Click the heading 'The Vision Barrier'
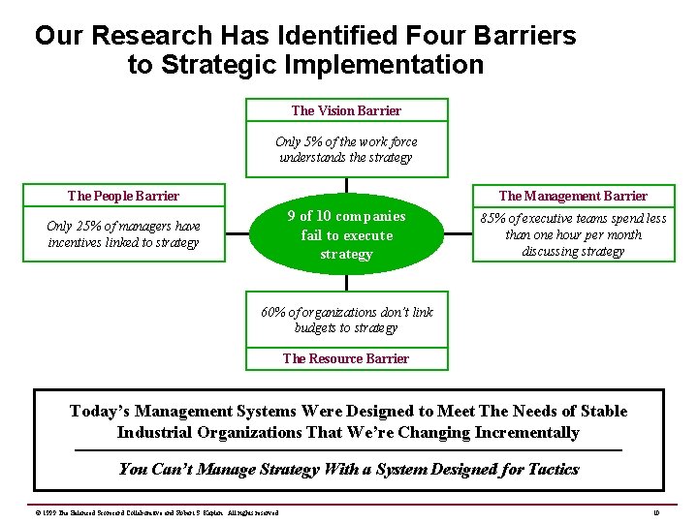pyautogui.click(x=346, y=110)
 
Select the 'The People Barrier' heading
pyautogui.click(x=123, y=196)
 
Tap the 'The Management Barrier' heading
pyautogui.click(x=572, y=196)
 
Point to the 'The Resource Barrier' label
pyautogui.click(x=346, y=358)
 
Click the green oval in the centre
pyautogui.click(x=346, y=234)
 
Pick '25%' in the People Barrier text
pyautogui.click(x=95, y=226)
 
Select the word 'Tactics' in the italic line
pyautogui.click(x=554, y=470)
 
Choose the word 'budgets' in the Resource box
pyautogui.click(x=317, y=327)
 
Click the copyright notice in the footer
pyautogui.click(x=144, y=511)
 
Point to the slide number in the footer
pyautogui.click(x=656, y=511)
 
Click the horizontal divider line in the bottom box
pyautogui.click(x=348, y=450)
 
